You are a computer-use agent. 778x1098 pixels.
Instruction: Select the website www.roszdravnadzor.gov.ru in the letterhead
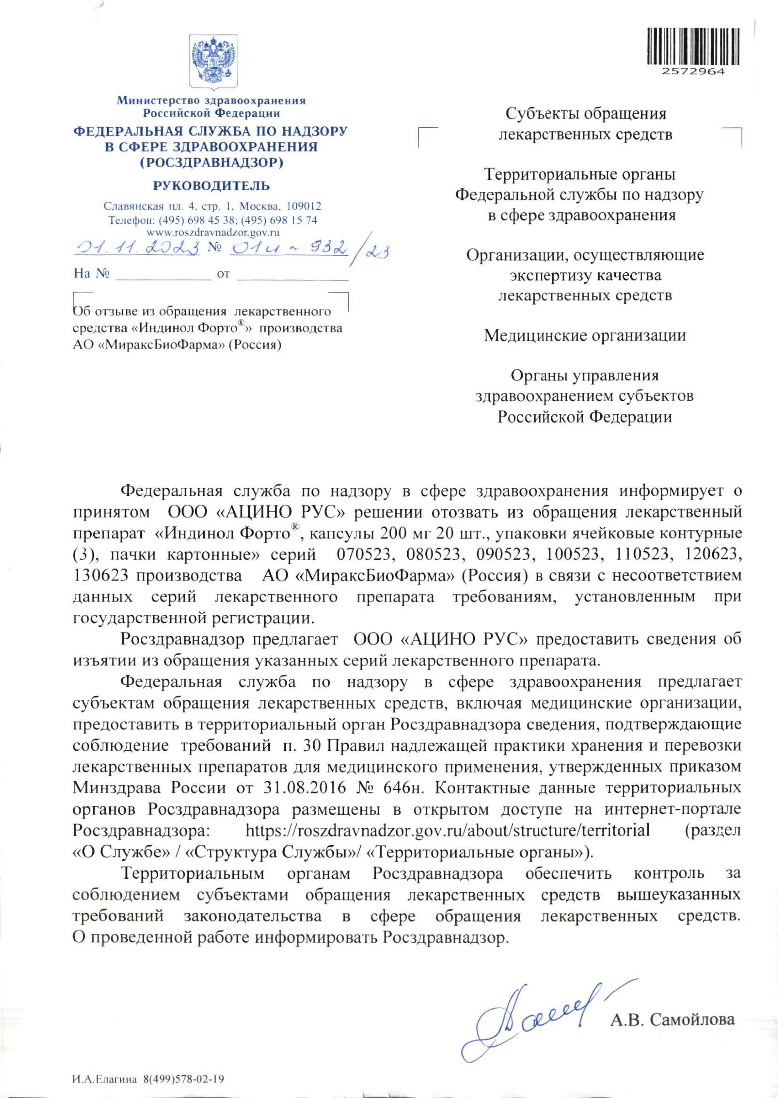point(213,233)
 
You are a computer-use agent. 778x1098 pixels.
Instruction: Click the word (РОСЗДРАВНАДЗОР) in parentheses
point(211,162)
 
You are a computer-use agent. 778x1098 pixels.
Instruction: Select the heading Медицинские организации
point(585,335)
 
